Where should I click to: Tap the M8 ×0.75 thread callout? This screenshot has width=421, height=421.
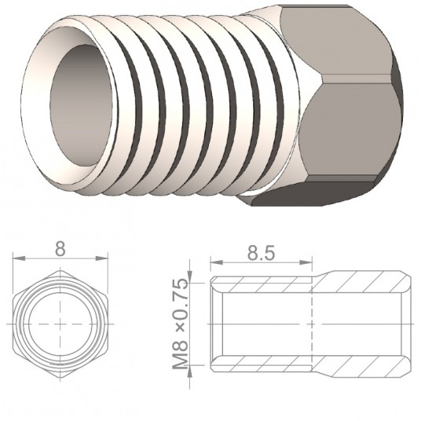click(x=181, y=323)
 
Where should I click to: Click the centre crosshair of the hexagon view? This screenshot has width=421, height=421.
click(x=60, y=324)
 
